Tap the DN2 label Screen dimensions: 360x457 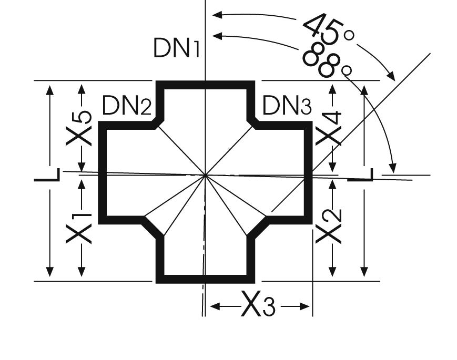pos(126,106)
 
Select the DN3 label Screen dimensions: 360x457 pos(287,106)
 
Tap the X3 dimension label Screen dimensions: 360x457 pos(258,305)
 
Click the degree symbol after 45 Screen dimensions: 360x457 pos(349,35)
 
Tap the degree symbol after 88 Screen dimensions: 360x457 pos(346,69)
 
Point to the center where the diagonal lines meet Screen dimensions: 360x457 pos(205,174)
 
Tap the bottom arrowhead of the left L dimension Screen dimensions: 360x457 pos(49,272)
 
